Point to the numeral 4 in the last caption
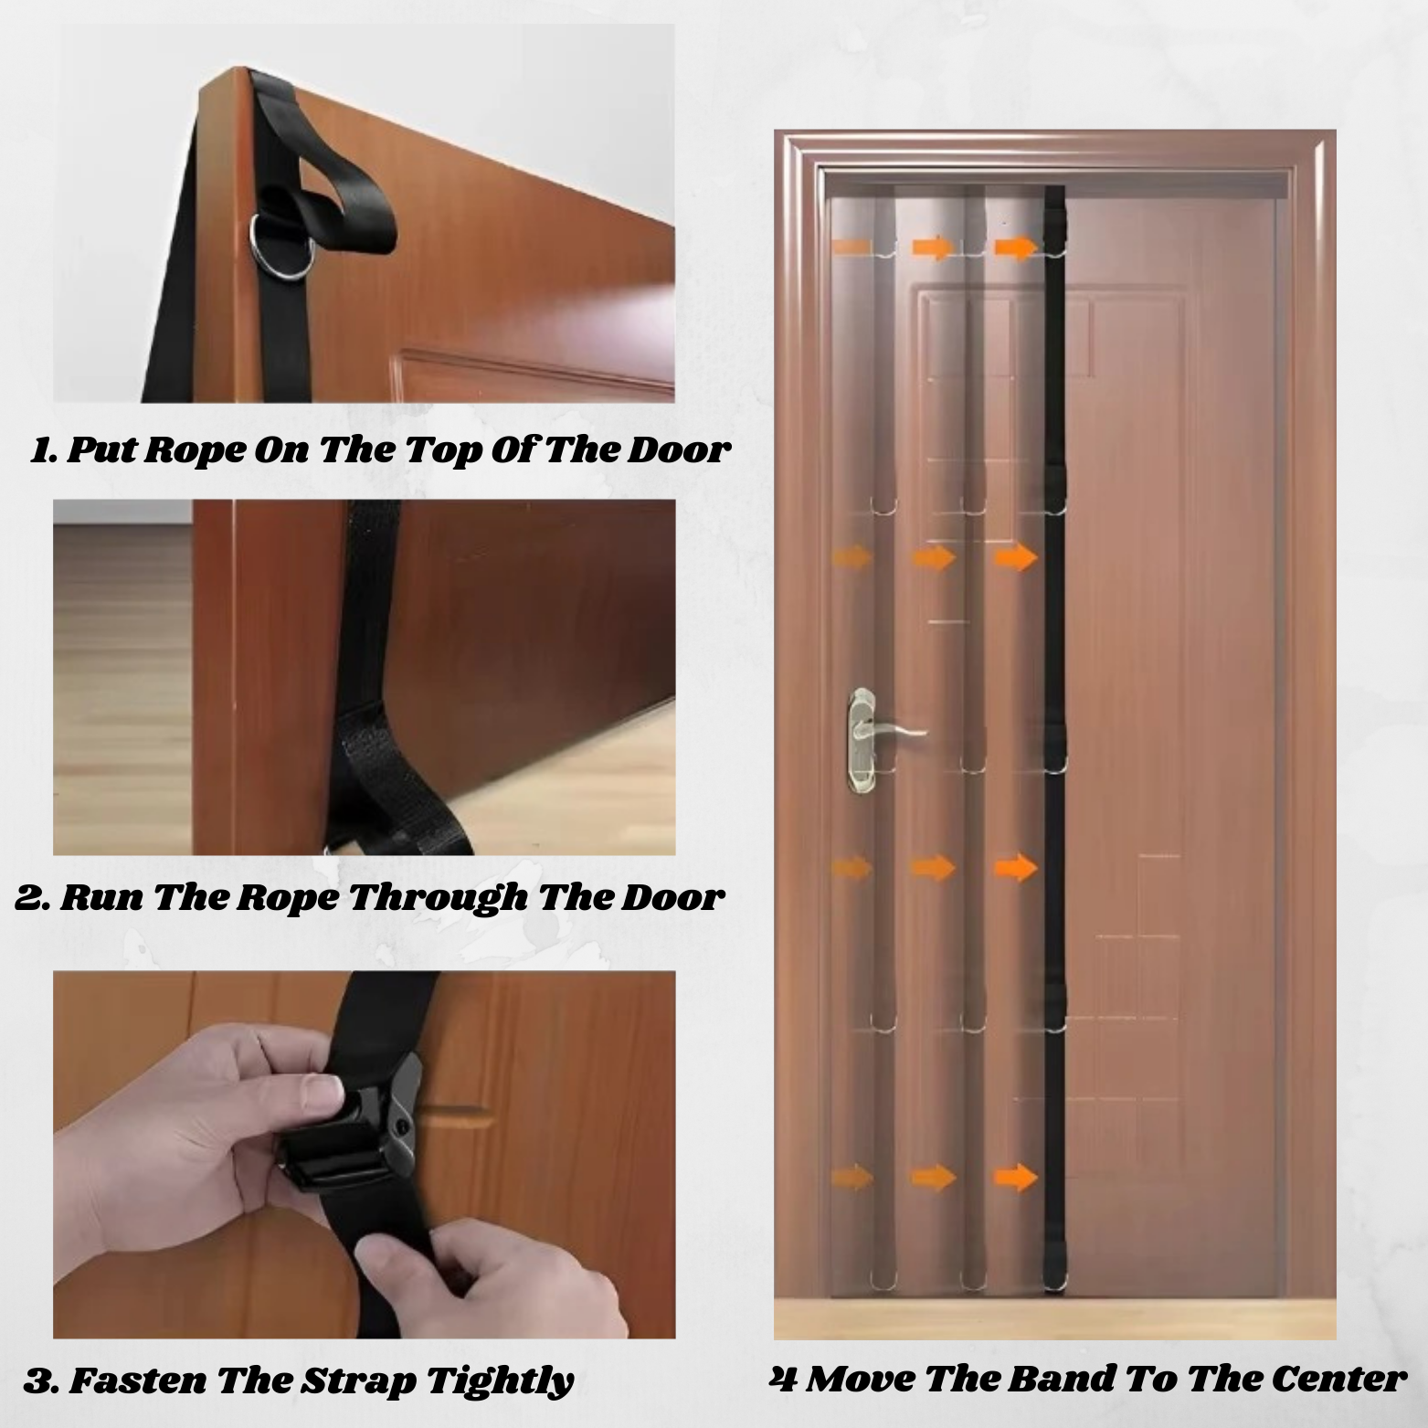(x=782, y=1378)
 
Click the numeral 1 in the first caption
(x=41, y=450)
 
